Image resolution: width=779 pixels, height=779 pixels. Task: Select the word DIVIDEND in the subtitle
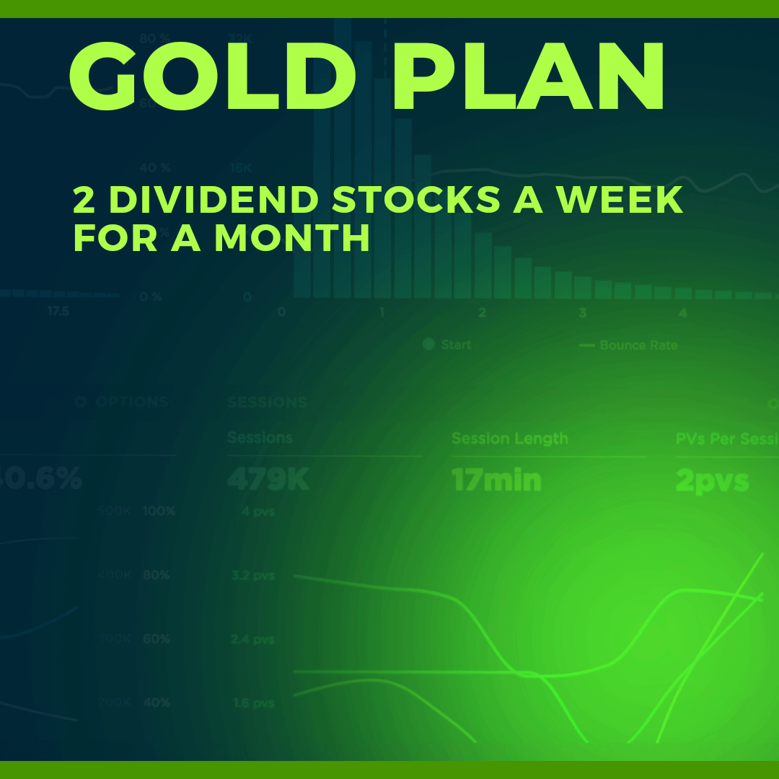[x=213, y=201]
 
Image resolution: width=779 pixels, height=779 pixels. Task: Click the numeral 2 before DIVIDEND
[x=84, y=201]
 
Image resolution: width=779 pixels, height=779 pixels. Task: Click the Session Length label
[x=509, y=439]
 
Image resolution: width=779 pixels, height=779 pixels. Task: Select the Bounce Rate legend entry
[x=638, y=346]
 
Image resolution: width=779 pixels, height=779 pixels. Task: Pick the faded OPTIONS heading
[x=130, y=402]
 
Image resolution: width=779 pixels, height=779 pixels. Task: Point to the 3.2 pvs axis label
[x=252, y=576]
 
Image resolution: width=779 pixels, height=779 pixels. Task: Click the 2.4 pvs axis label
[x=252, y=639]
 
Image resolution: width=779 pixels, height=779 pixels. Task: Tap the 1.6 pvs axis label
[x=252, y=703]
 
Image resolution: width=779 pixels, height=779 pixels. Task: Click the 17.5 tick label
[x=58, y=312]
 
